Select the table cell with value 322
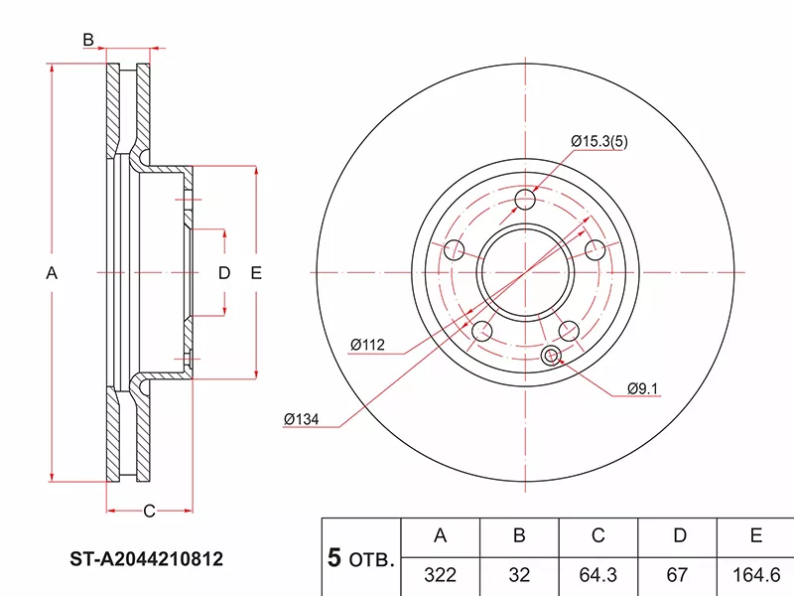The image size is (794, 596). click(x=440, y=574)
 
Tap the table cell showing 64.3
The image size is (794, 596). click(x=597, y=574)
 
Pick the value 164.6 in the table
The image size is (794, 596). click(x=756, y=574)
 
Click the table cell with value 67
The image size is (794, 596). click(x=679, y=574)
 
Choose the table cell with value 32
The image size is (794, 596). click(x=518, y=574)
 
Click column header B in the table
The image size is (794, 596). click(x=518, y=536)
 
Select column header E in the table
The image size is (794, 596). click(x=756, y=536)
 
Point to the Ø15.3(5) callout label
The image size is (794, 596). click(x=599, y=141)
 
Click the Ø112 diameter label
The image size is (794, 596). click(x=366, y=345)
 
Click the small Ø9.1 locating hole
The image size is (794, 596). click(x=551, y=356)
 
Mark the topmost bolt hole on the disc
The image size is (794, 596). click(x=526, y=202)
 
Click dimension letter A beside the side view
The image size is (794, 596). click(x=53, y=273)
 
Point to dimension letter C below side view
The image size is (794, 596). click(x=148, y=512)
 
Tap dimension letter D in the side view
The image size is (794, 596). click(x=224, y=273)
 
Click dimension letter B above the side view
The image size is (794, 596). click(x=88, y=40)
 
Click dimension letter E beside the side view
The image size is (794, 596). click(x=255, y=273)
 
